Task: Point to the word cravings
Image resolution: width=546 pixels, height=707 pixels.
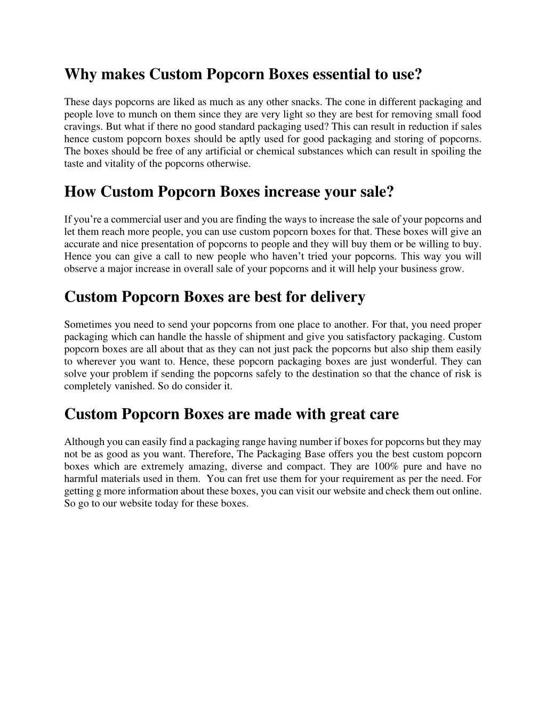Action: click(83, 126)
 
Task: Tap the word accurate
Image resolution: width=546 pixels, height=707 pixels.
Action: click(82, 244)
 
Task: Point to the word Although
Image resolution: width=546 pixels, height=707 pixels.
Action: click(84, 442)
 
